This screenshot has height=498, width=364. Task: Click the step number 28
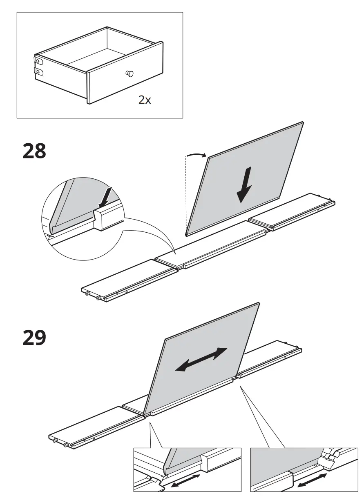(x=34, y=151)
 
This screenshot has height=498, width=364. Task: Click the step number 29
(x=34, y=338)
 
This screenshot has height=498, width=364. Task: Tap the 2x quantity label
(x=144, y=100)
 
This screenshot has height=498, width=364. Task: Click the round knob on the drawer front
(x=130, y=74)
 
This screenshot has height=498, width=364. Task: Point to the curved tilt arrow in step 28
(x=197, y=155)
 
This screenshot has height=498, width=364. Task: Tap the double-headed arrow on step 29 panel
(x=201, y=359)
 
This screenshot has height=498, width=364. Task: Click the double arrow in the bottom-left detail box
(x=185, y=480)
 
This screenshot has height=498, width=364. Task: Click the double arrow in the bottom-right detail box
(x=313, y=480)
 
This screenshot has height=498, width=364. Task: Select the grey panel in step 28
(x=261, y=163)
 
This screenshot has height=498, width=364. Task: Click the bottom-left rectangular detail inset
(x=187, y=469)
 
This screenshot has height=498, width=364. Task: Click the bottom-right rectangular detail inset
(x=304, y=469)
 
